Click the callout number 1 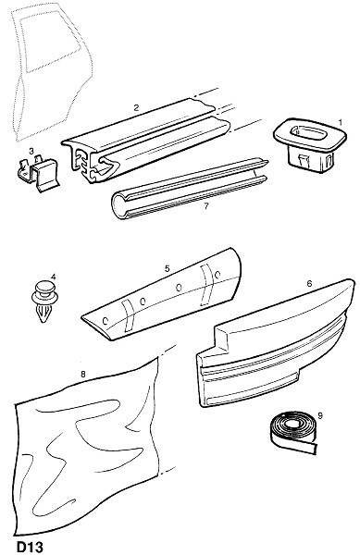pyautogui.click(x=341, y=123)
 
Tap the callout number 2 pyautogui.click(x=136, y=107)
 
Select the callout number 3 pyautogui.click(x=31, y=152)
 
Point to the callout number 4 pyautogui.click(x=53, y=277)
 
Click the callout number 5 pyautogui.click(x=168, y=268)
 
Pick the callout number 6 pyautogui.click(x=309, y=284)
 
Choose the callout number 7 pyautogui.click(x=206, y=205)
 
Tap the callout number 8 pyautogui.click(x=83, y=374)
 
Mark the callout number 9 pyautogui.click(x=320, y=415)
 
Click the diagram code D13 pyautogui.click(x=30, y=547)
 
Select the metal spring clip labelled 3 pyautogui.click(x=38, y=175)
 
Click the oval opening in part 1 pyautogui.click(x=306, y=132)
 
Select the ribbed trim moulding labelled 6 pyautogui.click(x=276, y=343)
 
